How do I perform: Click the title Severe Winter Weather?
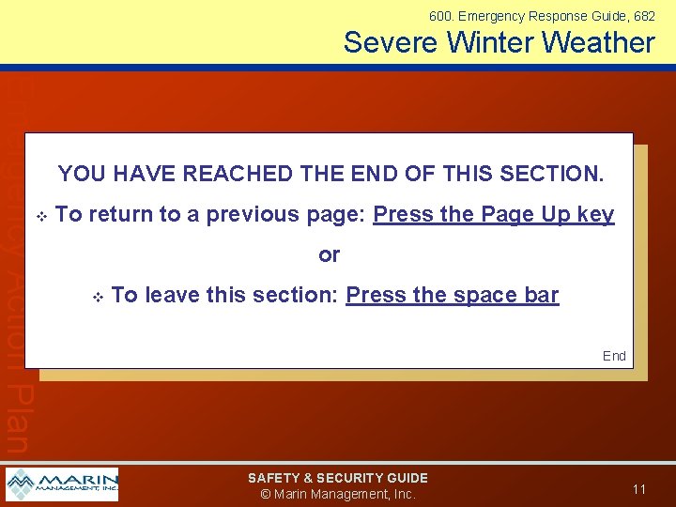[499, 42]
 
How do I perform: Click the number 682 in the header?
[644, 16]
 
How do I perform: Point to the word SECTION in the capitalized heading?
[550, 174]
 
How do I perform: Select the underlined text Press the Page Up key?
[494, 214]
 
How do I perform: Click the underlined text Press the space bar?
[453, 295]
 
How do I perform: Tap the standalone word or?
[330, 254]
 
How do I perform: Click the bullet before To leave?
[97, 297]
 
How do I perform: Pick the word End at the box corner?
[614, 356]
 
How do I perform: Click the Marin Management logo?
[62, 484]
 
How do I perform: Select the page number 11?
[639, 489]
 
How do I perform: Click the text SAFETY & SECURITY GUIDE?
[338, 478]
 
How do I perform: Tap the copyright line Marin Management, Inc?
[338, 494]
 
